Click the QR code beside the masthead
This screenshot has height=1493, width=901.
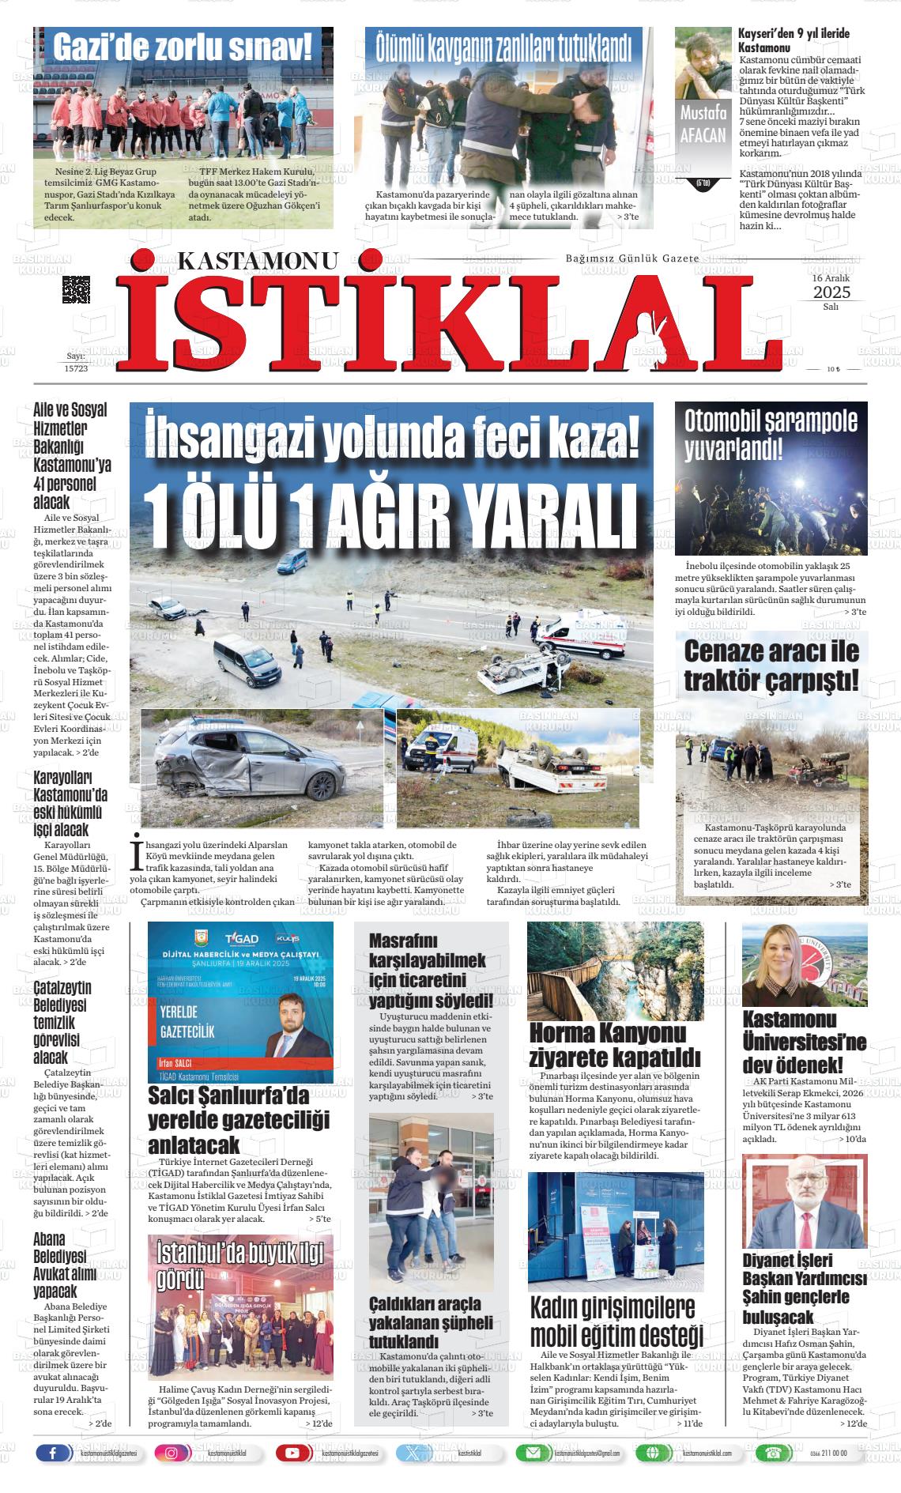click(x=76, y=290)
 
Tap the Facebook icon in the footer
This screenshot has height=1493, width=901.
click(x=54, y=1453)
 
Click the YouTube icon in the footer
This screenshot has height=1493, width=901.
click(x=292, y=1453)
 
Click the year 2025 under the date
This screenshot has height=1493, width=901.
click(x=831, y=292)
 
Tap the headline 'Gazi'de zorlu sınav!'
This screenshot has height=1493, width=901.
click(x=183, y=47)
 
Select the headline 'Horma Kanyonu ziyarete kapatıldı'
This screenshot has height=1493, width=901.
click(x=614, y=1044)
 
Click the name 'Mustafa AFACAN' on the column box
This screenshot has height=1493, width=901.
click(x=702, y=124)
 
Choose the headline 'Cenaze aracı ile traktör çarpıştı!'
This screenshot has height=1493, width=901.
click(x=771, y=665)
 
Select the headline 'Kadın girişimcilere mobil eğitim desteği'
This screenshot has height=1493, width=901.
click(x=615, y=1320)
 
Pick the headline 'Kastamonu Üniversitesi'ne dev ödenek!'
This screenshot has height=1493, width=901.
click(x=804, y=1040)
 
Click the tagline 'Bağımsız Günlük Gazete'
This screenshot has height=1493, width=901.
click(x=632, y=259)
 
